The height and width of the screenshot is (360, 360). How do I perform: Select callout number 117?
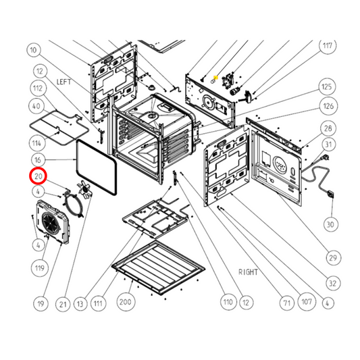pos(328,47)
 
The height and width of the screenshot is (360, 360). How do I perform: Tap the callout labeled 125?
pos(328,88)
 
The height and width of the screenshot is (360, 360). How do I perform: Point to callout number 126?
pos(328,106)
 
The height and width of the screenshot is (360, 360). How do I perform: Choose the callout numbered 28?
pos(328,128)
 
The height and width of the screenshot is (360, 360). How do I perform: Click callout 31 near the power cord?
pos(328,145)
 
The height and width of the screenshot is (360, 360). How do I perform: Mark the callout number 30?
pos(330,224)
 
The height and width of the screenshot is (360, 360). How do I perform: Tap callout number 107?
pos(307,304)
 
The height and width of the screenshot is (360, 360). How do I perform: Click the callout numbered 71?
pos(286,304)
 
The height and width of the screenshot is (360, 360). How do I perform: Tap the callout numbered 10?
pos(34,49)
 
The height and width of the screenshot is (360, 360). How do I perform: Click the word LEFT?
pos(63,82)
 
